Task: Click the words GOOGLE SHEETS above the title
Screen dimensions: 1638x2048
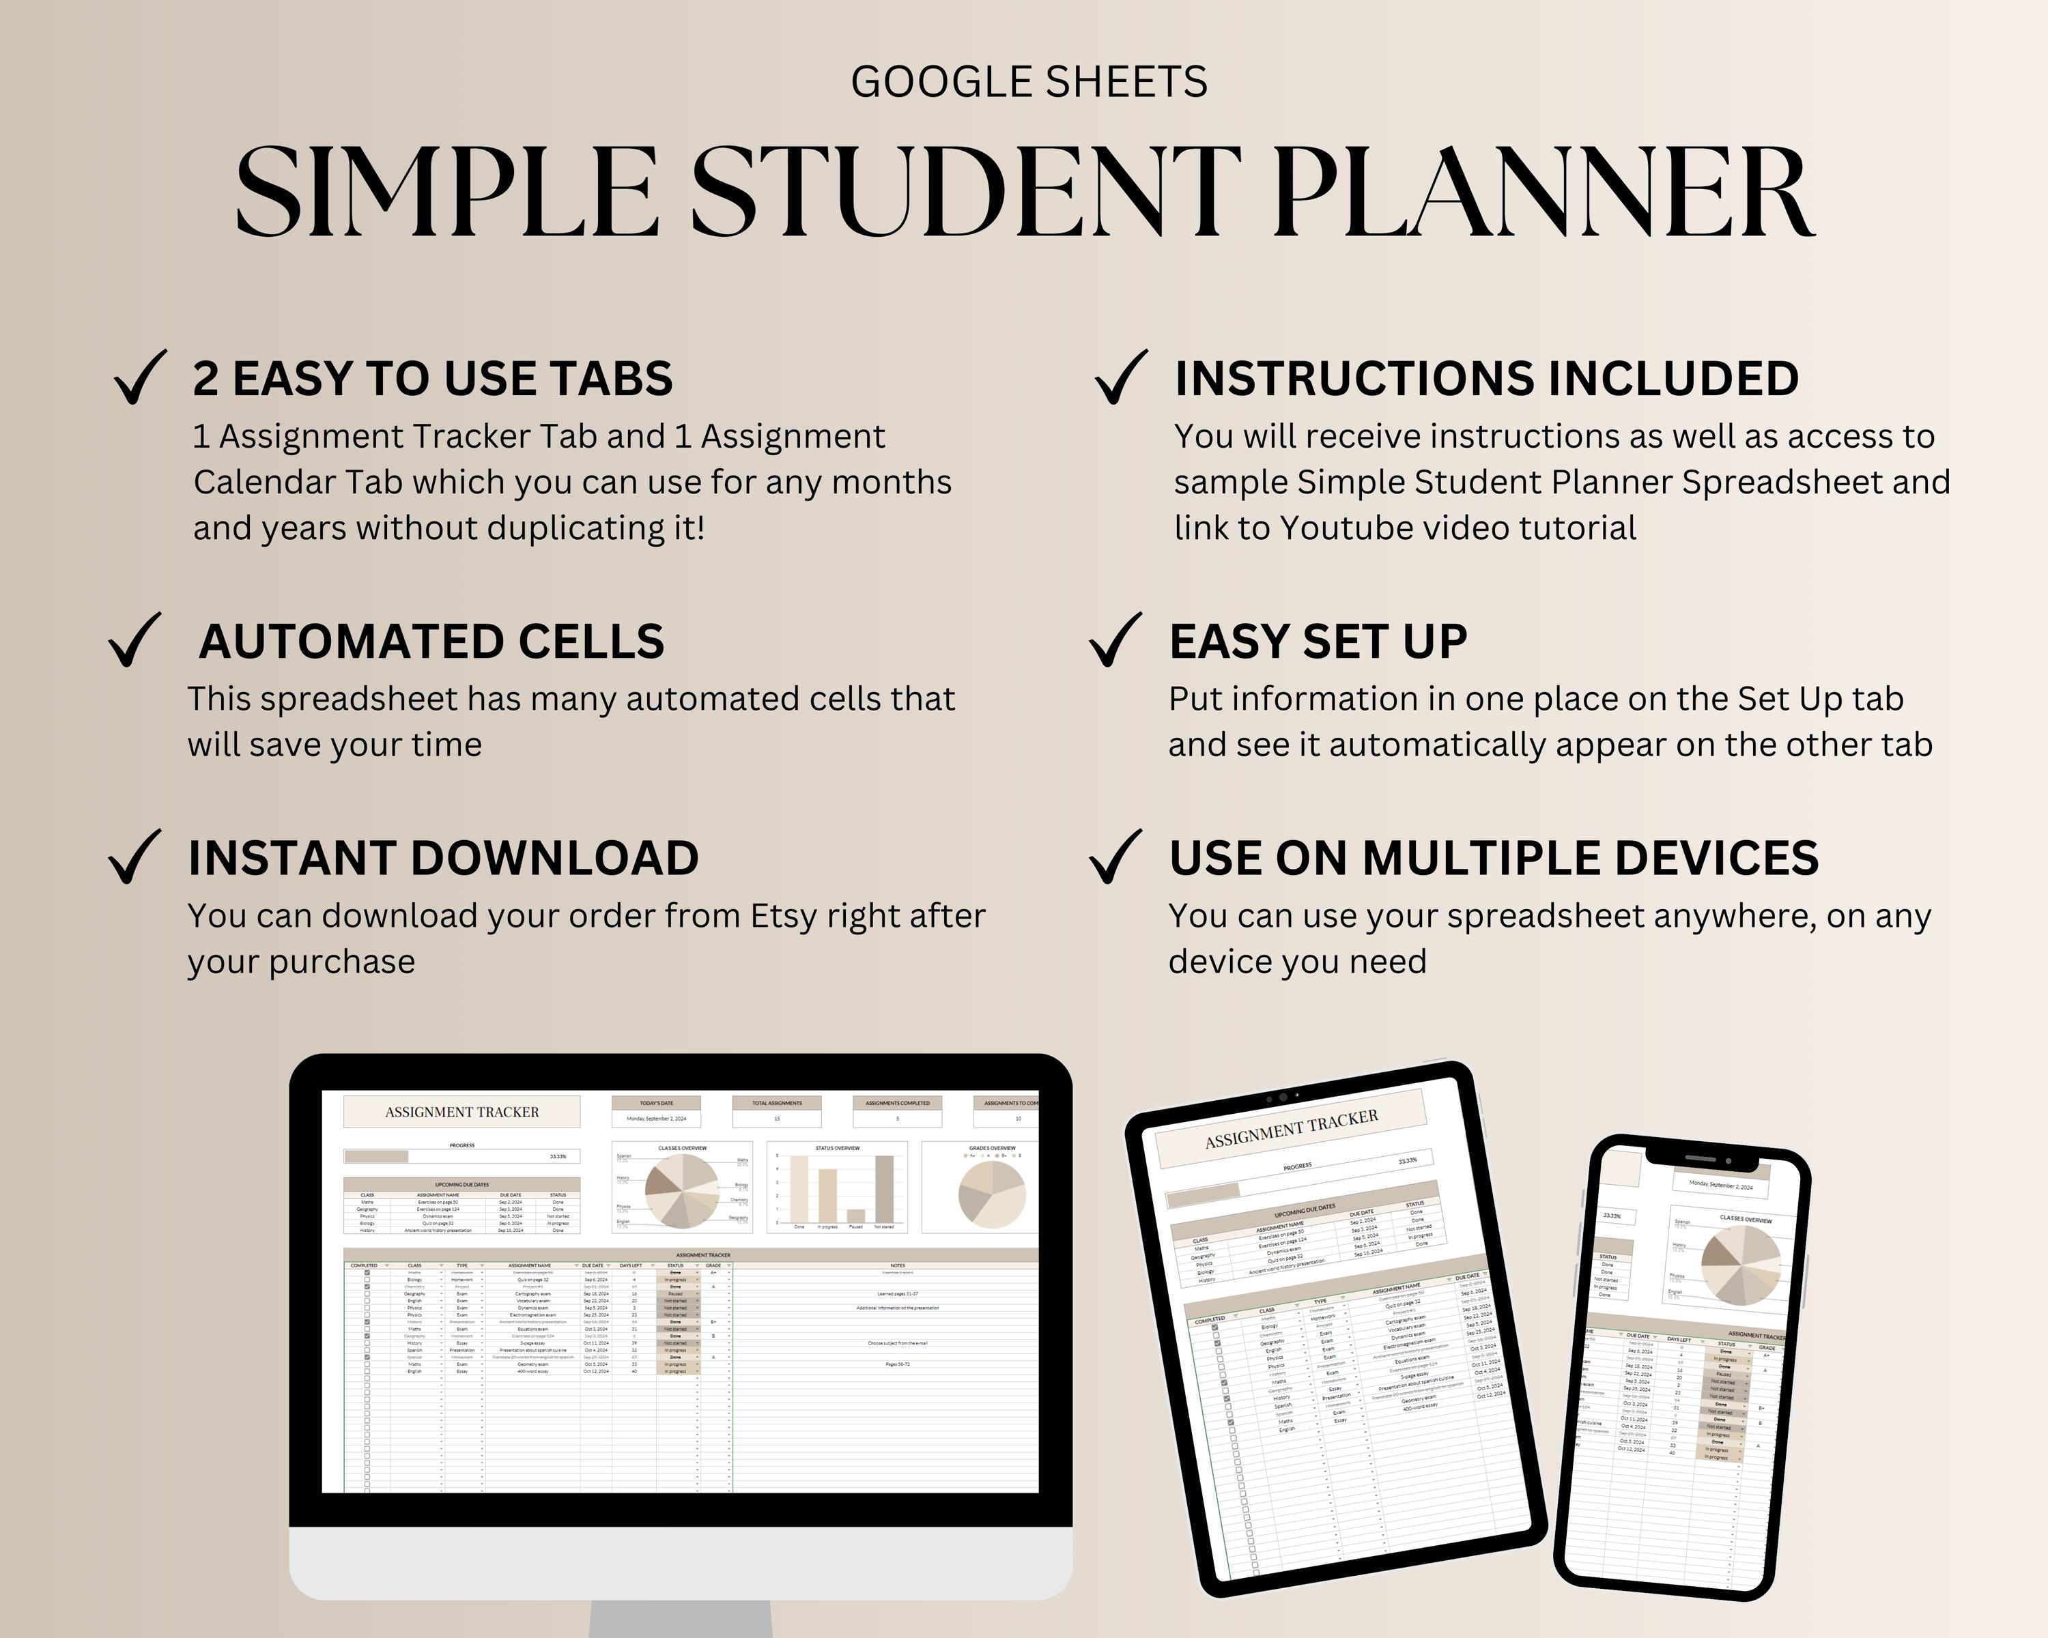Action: tap(1029, 83)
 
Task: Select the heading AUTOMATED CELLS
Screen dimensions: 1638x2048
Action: tap(431, 642)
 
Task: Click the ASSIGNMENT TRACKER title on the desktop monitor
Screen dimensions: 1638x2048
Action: tap(461, 1112)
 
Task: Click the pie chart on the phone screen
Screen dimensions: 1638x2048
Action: tap(1740, 1264)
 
